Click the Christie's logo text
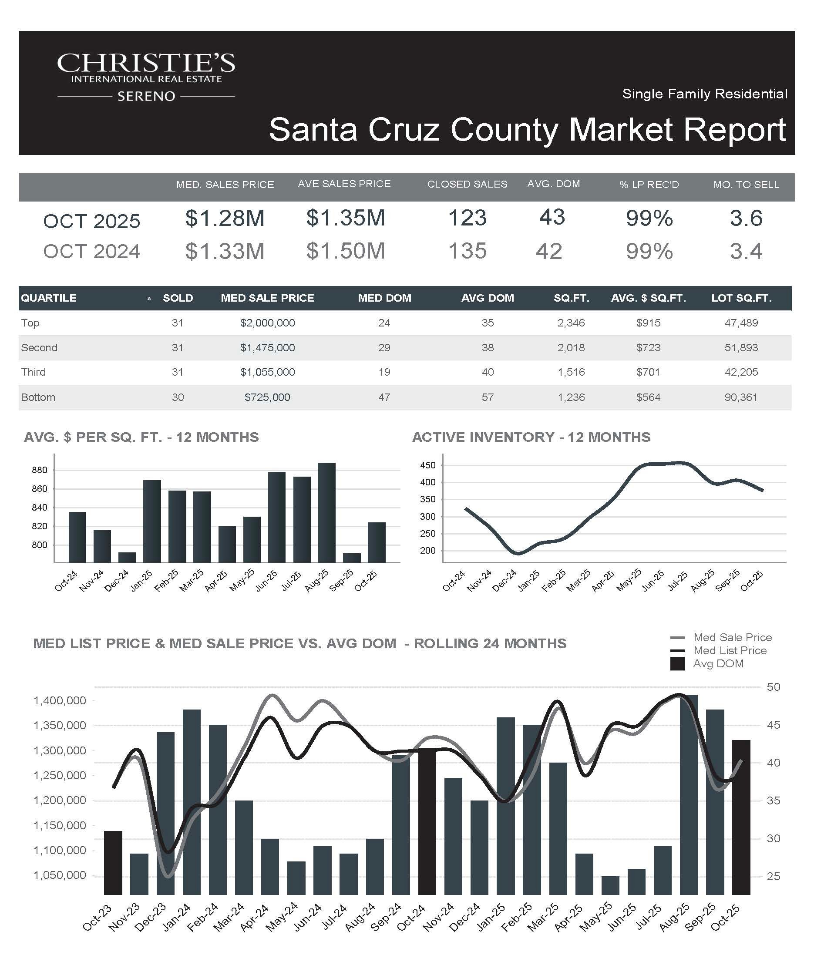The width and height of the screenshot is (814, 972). [x=146, y=64]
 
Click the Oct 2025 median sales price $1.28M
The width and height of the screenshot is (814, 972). [x=225, y=218]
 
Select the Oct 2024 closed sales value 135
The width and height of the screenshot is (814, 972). [x=468, y=251]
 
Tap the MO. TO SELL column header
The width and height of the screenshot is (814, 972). [x=746, y=185]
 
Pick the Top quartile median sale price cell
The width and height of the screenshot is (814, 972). [x=267, y=323]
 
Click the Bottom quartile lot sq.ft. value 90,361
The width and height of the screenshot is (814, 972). [x=741, y=397]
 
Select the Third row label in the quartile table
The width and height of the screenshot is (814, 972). [x=34, y=372]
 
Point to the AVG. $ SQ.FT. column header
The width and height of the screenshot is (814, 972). [x=648, y=298]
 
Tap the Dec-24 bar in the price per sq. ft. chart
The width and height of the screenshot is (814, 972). [x=127, y=557]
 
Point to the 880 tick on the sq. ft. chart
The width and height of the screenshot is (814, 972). [x=39, y=470]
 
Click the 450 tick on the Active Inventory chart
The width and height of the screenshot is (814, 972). [x=427, y=465]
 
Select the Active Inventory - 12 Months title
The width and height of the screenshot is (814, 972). [x=531, y=437]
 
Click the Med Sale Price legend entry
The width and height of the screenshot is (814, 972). [x=732, y=637]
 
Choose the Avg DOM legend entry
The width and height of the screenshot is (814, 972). [x=718, y=664]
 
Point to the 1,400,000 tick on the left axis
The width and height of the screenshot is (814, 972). [x=60, y=701]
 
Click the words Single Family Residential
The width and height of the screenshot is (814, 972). [x=704, y=94]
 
